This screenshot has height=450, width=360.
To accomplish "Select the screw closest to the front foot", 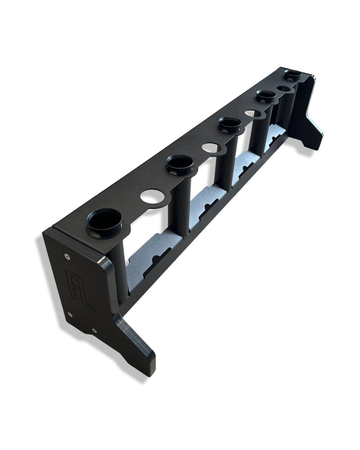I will (94, 330).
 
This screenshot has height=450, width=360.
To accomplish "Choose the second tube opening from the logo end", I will (180, 162).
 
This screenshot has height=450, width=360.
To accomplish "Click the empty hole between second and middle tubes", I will (211, 148).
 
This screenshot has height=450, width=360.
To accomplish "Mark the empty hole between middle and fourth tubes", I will (253, 114).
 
